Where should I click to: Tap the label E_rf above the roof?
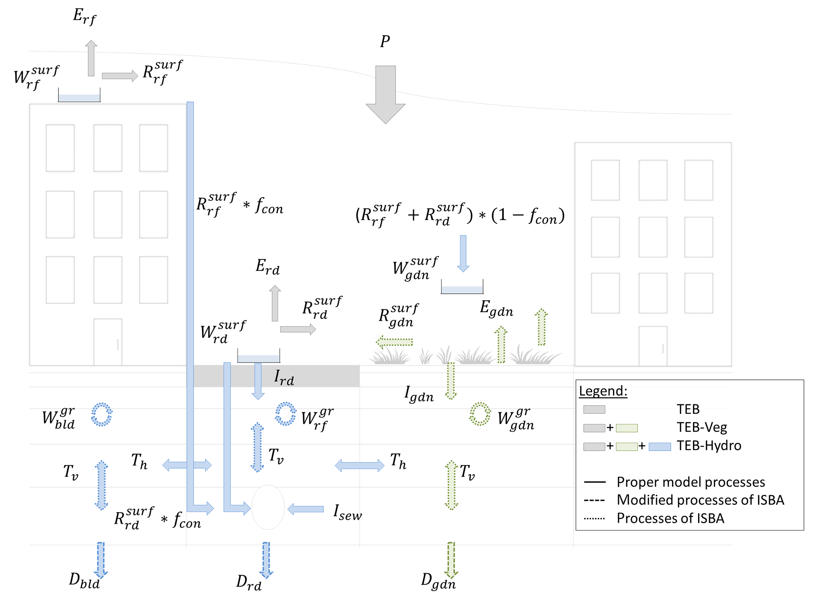pos(84,17)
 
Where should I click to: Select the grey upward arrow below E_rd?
pos(275,303)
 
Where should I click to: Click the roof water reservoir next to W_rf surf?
pos(79,96)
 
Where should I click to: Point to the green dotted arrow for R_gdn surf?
pos(394,342)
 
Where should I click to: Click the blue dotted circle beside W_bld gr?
pos(102,414)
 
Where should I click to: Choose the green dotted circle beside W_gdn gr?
pos(480,414)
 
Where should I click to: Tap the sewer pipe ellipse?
pos(268,508)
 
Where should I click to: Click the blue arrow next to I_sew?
pos(306,509)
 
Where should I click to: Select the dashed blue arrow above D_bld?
pos(101,559)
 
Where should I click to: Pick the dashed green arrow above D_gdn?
pos(451,559)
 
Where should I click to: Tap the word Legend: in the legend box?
pos(603,391)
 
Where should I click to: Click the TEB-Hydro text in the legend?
pos(709,445)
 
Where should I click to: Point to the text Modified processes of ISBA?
pos(700,500)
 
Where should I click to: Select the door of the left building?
pos(108,342)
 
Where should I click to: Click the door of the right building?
pos(653,346)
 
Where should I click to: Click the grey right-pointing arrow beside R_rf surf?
pos(120,75)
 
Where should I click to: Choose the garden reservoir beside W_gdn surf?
pos(462,289)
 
